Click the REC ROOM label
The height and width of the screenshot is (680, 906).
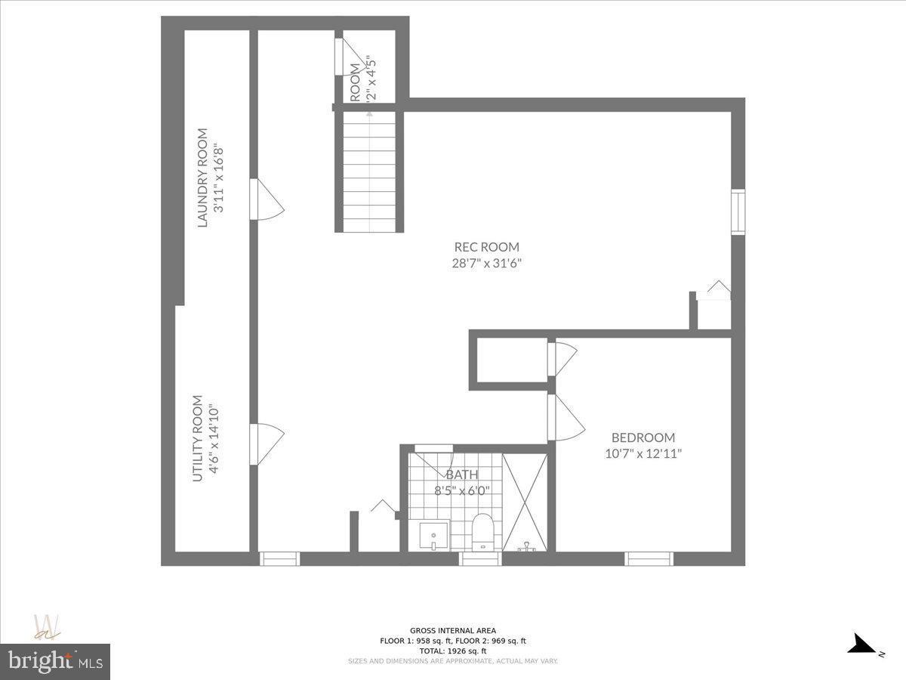(486, 246)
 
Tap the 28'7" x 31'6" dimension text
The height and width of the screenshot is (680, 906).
(486, 264)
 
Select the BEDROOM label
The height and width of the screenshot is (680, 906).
(643, 437)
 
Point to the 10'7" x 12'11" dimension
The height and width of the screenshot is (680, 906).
(643, 454)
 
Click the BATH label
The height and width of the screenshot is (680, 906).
(462, 474)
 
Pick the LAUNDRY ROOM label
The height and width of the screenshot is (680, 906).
(202, 178)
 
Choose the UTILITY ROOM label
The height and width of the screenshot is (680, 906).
(198, 438)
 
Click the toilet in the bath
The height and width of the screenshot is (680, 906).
(482, 531)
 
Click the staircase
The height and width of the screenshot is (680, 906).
(369, 172)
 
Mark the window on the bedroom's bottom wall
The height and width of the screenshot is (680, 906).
(649, 559)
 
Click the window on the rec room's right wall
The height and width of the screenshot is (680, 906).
(738, 212)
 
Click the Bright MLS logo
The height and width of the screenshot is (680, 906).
(55, 661)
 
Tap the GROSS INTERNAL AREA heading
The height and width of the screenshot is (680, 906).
(453, 630)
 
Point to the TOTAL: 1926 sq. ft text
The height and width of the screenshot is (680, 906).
(453, 651)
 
